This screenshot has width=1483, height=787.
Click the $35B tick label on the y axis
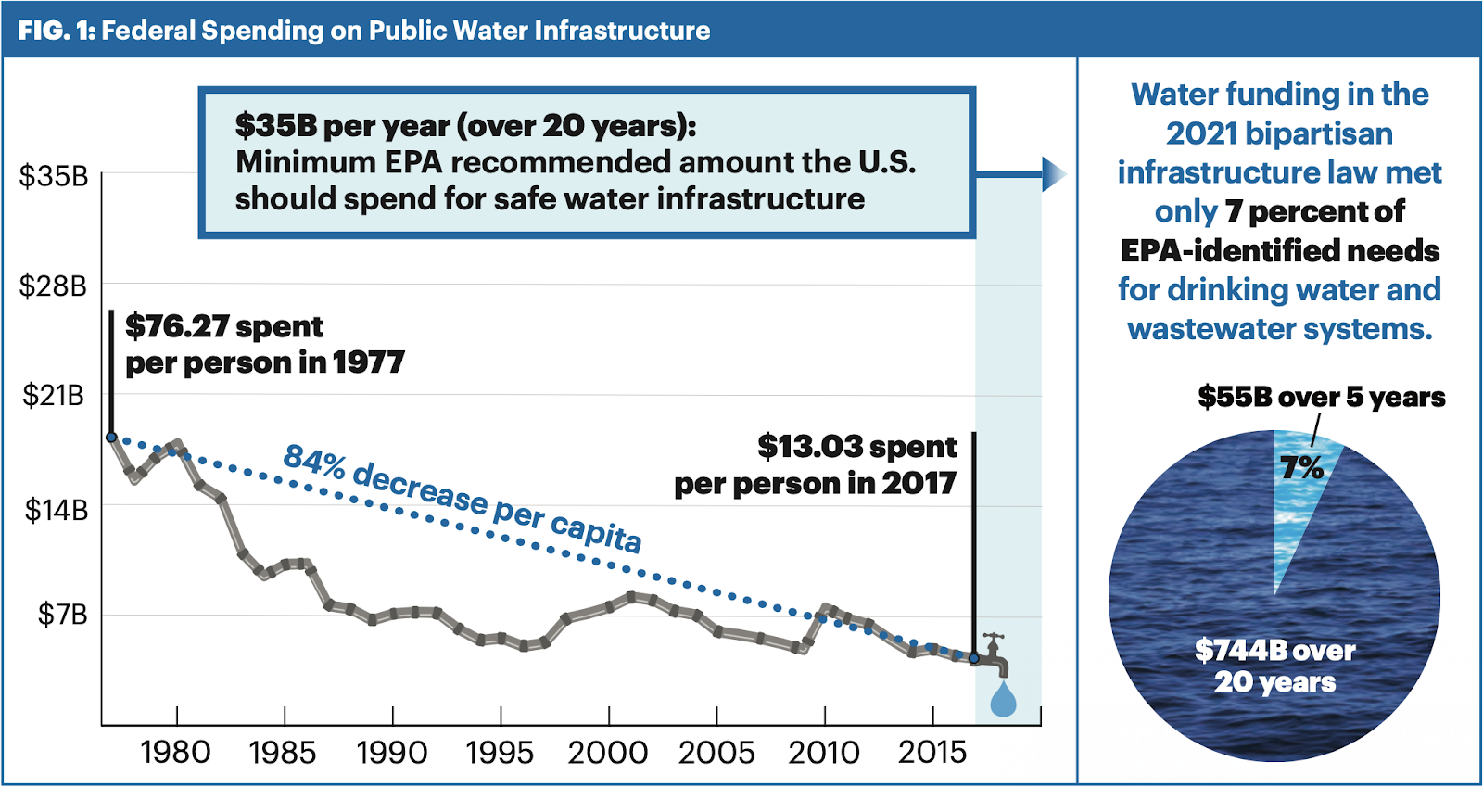(x=53, y=176)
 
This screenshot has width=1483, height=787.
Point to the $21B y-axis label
(x=53, y=396)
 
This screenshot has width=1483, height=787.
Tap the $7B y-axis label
(x=61, y=615)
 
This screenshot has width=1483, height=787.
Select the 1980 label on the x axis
(x=175, y=753)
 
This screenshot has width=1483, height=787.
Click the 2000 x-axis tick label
(x=607, y=753)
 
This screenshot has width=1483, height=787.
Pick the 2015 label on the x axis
(x=932, y=753)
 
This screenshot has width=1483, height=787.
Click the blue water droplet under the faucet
(x=1003, y=701)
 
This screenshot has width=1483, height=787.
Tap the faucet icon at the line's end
(x=995, y=654)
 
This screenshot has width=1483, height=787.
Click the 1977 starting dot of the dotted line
(x=111, y=438)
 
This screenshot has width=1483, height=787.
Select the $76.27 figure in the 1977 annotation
(x=177, y=327)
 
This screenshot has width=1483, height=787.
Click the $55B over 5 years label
(x=1321, y=398)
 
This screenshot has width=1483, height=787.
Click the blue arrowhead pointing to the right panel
(x=1053, y=173)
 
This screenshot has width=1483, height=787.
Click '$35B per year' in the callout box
(x=342, y=125)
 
